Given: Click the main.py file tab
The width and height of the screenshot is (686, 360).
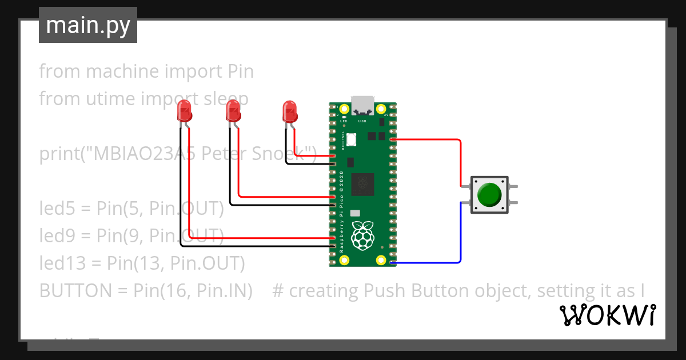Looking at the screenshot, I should (87, 25).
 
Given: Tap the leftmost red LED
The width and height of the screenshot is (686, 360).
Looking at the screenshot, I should (184, 111).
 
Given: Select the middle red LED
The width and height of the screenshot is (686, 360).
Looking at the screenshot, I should (233, 111).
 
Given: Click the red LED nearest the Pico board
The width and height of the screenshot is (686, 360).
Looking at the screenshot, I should (290, 111).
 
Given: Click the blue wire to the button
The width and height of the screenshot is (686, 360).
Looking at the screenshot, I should (460, 234).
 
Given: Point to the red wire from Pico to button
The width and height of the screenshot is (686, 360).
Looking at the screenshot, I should (460, 160).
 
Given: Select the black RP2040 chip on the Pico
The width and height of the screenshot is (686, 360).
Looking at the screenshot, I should (362, 184).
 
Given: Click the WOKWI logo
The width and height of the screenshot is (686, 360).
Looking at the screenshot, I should (607, 315).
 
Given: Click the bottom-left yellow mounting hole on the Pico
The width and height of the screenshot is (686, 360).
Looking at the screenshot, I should (344, 260).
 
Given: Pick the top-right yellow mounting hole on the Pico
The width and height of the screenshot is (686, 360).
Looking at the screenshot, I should (381, 109).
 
